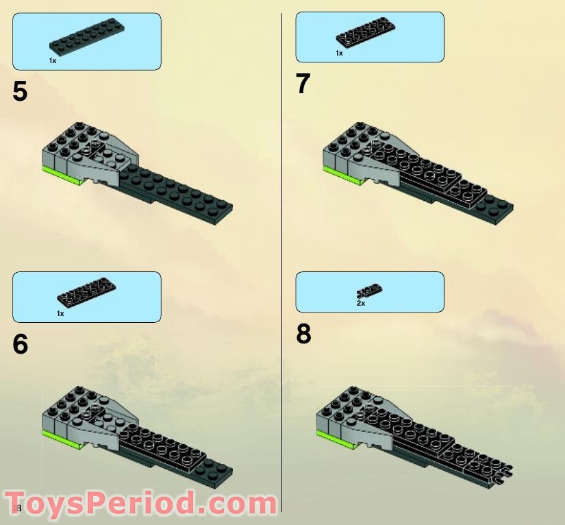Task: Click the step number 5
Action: point(20,91)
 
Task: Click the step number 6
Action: point(20,344)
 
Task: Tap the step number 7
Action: point(303,84)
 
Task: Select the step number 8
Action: point(303,334)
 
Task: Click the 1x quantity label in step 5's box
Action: point(52,61)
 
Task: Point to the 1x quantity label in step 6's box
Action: point(60,313)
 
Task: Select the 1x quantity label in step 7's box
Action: point(339,53)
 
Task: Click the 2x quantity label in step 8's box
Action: point(361,303)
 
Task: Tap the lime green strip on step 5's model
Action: point(62,173)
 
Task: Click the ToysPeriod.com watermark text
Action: point(140,504)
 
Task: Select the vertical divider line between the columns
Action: point(282,260)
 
